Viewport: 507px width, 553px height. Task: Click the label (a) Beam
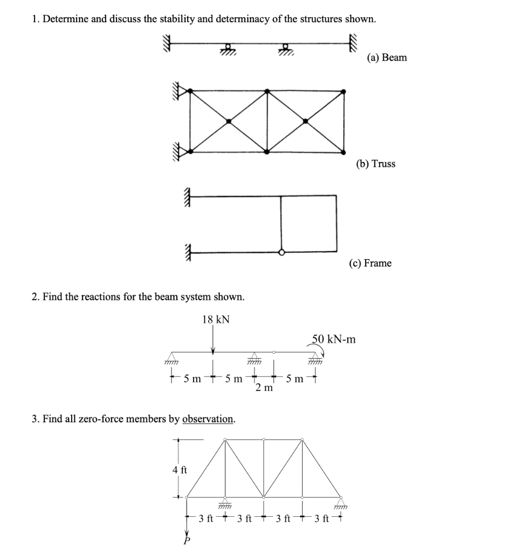[387, 57]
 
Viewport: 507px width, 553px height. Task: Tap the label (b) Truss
[375, 164]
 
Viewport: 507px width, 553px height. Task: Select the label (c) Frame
[369, 263]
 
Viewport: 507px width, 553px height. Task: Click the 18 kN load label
[216, 319]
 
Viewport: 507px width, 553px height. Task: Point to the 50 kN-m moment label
[334, 339]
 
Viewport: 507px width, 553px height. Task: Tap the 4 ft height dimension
[180, 469]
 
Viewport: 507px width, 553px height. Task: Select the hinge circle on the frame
[281, 252]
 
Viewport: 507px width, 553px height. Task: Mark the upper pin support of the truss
[180, 92]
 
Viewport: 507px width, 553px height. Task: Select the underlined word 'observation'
[208, 419]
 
